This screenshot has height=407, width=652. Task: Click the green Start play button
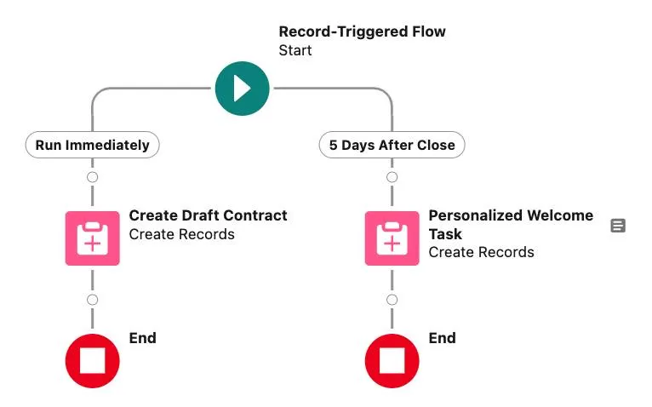(x=242, y=88)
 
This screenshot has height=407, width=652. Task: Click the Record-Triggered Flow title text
(x=362, y=32)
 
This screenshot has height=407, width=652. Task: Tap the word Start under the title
(x=295, y=50)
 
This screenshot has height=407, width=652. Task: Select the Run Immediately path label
(x=92, y=145)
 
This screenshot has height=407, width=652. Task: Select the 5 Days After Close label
(x=392, y=145)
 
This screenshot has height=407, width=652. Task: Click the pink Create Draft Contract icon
(x=92, y=238)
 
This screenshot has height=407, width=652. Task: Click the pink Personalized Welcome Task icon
(x=392, y=238)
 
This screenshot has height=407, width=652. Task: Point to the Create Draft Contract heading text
(x=208, y=215)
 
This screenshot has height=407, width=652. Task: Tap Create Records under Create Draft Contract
(x=181, y=234)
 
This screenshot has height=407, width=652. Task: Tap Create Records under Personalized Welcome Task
(x=481, y=252)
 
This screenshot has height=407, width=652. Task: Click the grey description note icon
(x=618, y=226)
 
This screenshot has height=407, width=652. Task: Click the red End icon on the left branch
(x=92, y=361)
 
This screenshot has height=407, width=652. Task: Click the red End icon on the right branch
(x=392, y=361)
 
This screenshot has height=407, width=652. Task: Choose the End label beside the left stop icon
(x=142, y=338)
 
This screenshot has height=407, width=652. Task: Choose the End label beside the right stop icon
(x=442, y=338)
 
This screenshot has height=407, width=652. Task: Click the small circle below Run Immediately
(x=92, y=177)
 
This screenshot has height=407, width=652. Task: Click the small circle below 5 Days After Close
(x=392, y=177)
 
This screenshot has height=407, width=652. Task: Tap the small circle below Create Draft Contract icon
(x=92, y=300)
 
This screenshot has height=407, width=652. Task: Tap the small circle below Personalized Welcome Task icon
(x=392, y=300)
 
